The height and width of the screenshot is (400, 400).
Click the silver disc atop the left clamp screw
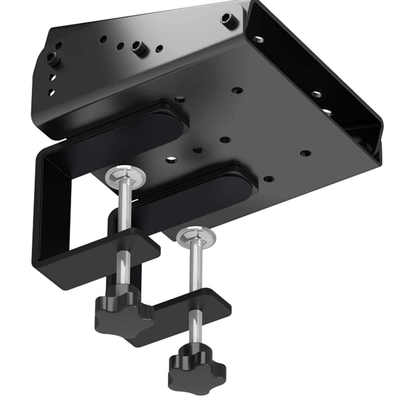pos(126,177)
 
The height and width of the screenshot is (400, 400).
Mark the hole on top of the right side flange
pos(257,39)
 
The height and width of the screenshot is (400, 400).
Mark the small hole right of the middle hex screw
pos(160,48)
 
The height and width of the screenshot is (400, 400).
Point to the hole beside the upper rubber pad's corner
pos(180,100)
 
